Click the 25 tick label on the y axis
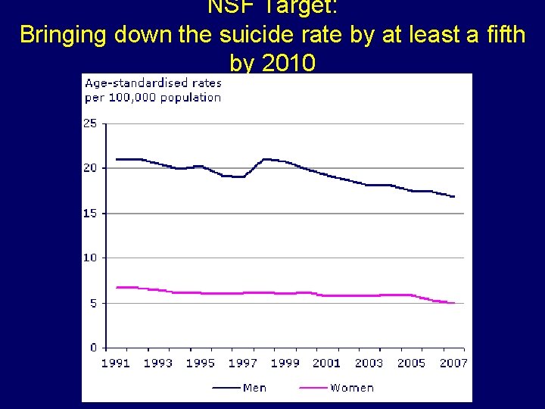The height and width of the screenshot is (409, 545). coord(90,123)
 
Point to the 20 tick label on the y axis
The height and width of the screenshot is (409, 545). coord(90,168)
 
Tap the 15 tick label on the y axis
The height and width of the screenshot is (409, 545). coord(90,214)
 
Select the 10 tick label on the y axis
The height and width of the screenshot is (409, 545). coord(90,258)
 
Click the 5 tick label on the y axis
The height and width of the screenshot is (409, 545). coord(93,303)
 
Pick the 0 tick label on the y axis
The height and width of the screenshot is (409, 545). coord(93,348)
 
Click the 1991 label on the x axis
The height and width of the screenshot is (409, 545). coord(116,364)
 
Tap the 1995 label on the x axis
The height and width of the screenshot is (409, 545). coord(201,364)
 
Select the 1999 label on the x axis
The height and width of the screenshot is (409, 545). coord(285,364)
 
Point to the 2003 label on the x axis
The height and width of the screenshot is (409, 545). coord(369,364)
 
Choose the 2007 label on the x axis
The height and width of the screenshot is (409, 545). coord(453,364)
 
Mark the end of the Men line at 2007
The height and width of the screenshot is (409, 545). coord(454,197)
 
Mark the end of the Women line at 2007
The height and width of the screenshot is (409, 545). coord(454,303)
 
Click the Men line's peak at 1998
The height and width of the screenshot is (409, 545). coord(264,159)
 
